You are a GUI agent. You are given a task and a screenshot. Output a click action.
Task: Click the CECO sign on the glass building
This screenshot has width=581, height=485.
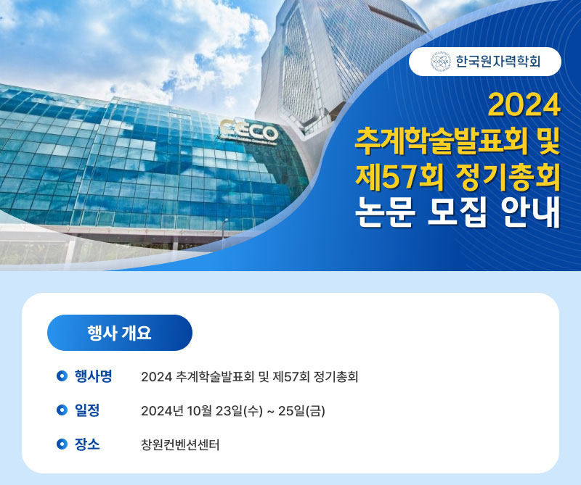click(x=248, y=131)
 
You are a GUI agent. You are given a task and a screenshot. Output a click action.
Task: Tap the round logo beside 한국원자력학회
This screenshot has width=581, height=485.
click(x=441, y=62)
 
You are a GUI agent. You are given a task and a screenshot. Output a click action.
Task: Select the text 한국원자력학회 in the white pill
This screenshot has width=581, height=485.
click(x=498, y=62)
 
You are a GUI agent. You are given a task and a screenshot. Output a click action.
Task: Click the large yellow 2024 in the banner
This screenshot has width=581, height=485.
click(x=524, y=105)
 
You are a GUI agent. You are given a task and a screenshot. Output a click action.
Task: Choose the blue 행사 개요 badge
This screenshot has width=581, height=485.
click(x=120, y=333)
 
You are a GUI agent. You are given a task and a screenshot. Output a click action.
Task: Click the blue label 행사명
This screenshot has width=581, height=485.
click(x=93, y=376)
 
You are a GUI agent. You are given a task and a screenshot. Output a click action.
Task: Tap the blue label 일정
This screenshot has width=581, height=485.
click(x=87, y=410)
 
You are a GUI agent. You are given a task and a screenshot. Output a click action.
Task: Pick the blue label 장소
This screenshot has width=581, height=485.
click(x=87, y=444)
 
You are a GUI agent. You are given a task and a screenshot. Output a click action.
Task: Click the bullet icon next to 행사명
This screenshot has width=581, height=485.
click(x=62, y=376)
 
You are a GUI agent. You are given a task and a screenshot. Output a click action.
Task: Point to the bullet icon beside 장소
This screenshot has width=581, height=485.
click(x=62, y=444)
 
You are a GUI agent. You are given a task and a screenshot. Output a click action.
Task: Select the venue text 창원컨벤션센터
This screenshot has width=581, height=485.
click(x=180, y=444)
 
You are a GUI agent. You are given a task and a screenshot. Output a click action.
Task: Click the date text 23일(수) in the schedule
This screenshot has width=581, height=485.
click(x=239, y=410)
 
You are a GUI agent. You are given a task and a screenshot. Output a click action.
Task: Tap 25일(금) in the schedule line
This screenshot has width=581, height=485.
click(x=301, y=410)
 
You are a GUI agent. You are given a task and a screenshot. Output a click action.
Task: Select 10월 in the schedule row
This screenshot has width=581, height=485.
click(x=199, y=410)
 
